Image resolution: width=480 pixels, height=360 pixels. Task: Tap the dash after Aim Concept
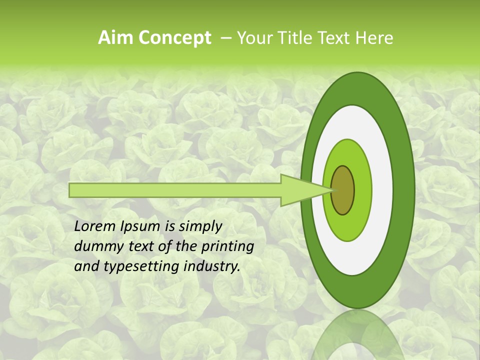pos(226,38)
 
